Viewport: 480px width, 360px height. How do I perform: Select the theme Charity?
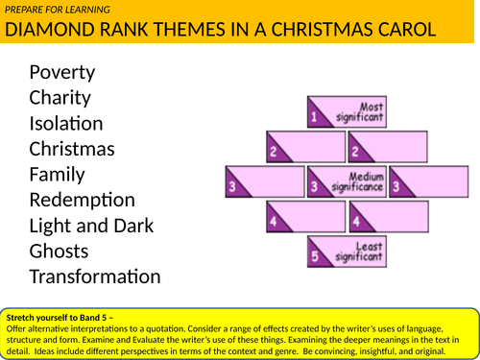pos(60,98)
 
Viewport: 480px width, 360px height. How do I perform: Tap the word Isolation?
pos(66,124)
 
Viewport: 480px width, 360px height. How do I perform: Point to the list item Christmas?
pos(72,150)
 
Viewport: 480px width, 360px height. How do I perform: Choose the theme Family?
pos(57,175)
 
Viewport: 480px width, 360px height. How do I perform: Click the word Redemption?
pos(83,201)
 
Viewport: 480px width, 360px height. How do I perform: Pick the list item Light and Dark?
pos(92,227)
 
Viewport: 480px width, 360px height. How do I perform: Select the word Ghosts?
pos(60,252)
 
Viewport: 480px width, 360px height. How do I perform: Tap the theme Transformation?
pos(95,277)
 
